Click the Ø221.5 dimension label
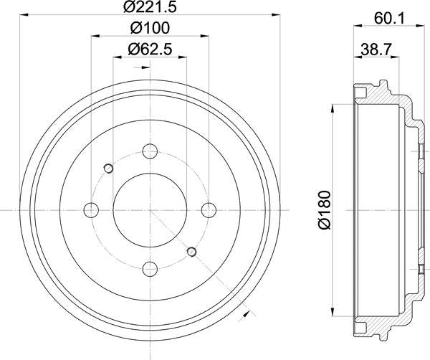pos(150,9)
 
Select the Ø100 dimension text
pos(150,30)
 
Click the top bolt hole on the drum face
pos(150,151)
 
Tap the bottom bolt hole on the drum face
pos(150,269)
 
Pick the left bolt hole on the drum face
pos(91,210)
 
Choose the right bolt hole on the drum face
pos(209,210)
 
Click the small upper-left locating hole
pos(108,169)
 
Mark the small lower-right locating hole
pos(191,252)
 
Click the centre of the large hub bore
pos(150,210)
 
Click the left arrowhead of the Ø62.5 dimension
pos(116,60)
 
